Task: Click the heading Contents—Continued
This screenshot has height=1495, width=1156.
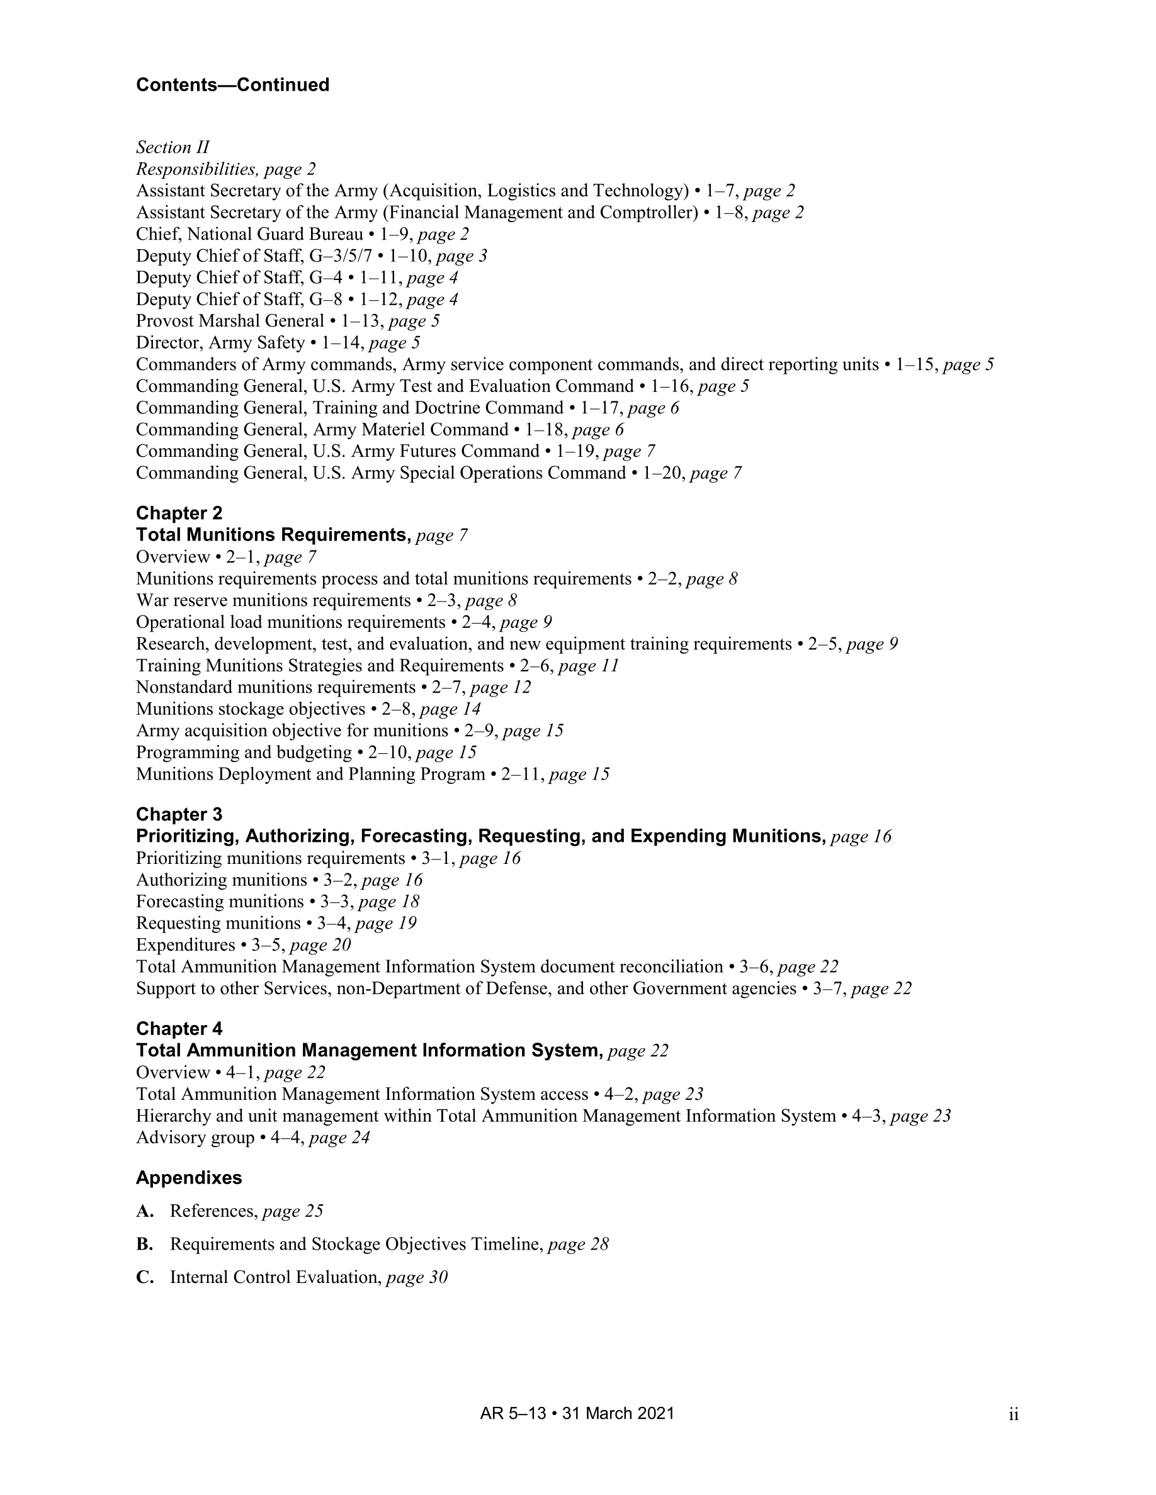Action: coord(232,85)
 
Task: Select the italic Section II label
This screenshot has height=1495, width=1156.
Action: coord(173,147)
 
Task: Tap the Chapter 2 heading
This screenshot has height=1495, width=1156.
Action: coord(179,513)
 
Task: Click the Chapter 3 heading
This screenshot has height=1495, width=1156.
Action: coord(179,814)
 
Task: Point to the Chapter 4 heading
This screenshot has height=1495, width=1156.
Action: coord(179,1028)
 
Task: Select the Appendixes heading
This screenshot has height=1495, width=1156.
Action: coord(189,1177)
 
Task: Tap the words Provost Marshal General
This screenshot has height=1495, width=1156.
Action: coord(229,321)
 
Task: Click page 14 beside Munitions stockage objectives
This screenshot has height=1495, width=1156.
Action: coord(450,708)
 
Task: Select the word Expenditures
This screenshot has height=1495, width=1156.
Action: coord(186,944)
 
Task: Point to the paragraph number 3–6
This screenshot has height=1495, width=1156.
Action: coord(756,966)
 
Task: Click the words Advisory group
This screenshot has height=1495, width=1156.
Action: coord(195,1138)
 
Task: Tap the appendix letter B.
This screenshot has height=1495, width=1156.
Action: coord(145,1244)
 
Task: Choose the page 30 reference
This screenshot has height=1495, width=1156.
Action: coord(416,1277)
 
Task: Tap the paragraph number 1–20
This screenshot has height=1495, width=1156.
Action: coord(663,473)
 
